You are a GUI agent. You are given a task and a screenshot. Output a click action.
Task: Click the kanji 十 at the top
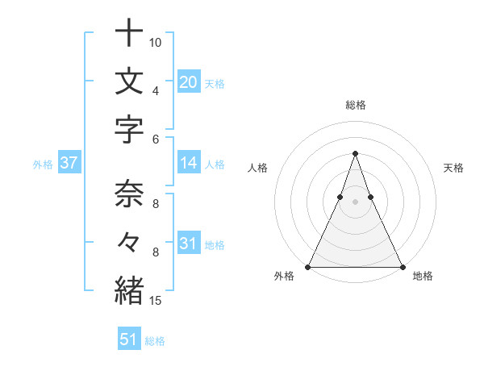click(x=128, y=35)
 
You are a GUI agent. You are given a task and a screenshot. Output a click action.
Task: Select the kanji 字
click(x=128, y=130)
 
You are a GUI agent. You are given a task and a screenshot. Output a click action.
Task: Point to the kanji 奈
click(x=128, y=194)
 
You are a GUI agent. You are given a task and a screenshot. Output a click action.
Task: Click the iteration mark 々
click(x=128, y=243)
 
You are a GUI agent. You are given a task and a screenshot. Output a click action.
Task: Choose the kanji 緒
click(x=128, y=289)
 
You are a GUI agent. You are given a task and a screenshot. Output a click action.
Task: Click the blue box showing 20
click(x=188, y=81)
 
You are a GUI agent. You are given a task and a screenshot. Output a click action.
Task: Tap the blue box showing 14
click(x=188, y=164)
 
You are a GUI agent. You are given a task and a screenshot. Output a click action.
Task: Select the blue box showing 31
click(x=188, y=244)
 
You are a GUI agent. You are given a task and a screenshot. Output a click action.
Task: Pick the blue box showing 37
click(x=69, y=164)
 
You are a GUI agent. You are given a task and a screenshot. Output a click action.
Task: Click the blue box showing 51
click(x=128, y=339)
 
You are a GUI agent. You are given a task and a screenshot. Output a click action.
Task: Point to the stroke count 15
click(x=156, y=301)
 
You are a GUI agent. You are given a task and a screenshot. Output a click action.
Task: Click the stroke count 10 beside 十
click(x=156, y=42)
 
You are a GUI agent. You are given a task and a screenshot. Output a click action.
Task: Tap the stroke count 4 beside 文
click(x=155, y=90)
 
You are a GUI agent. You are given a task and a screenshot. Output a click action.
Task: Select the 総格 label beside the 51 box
click(x=155, y=341)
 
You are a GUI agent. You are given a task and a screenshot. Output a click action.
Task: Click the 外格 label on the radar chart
click(x=284, y=276)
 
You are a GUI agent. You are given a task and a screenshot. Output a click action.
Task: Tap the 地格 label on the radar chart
click(x=423, y=276)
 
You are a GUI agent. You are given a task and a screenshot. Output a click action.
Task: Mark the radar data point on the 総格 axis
click(x=355, y=153)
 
